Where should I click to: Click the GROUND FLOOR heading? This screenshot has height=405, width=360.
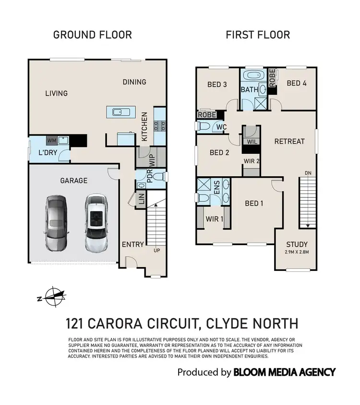92,35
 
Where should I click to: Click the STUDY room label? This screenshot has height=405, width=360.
297,245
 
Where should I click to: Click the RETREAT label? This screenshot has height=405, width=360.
289,141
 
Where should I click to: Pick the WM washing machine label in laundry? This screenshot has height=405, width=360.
51,141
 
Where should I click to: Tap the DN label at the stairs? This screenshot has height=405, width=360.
307,173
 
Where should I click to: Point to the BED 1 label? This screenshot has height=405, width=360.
255,203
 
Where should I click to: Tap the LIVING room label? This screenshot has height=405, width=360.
56,93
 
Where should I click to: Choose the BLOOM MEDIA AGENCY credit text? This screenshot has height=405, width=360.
284,372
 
